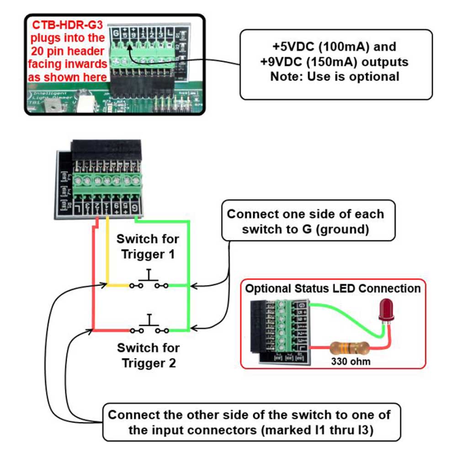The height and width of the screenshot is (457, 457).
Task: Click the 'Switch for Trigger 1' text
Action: point(148,246)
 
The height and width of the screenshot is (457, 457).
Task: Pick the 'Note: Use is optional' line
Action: point(335,76)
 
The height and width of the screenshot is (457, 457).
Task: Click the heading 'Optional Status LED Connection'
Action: point(333,289)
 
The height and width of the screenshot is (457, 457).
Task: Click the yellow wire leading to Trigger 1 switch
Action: point(107,256)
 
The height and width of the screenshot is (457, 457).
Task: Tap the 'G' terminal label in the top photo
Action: point(116,33)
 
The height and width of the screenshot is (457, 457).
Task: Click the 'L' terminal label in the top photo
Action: point(170,33)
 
